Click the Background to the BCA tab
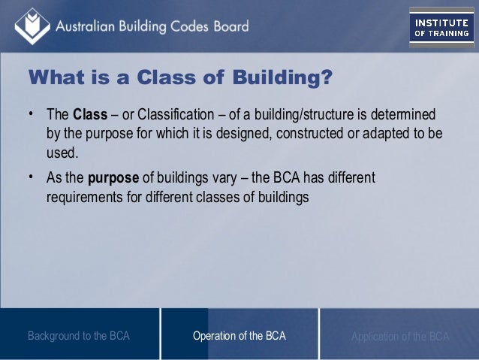tap(79, 336)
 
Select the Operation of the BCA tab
tap(239, 336)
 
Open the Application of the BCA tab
tap(399, 336)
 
